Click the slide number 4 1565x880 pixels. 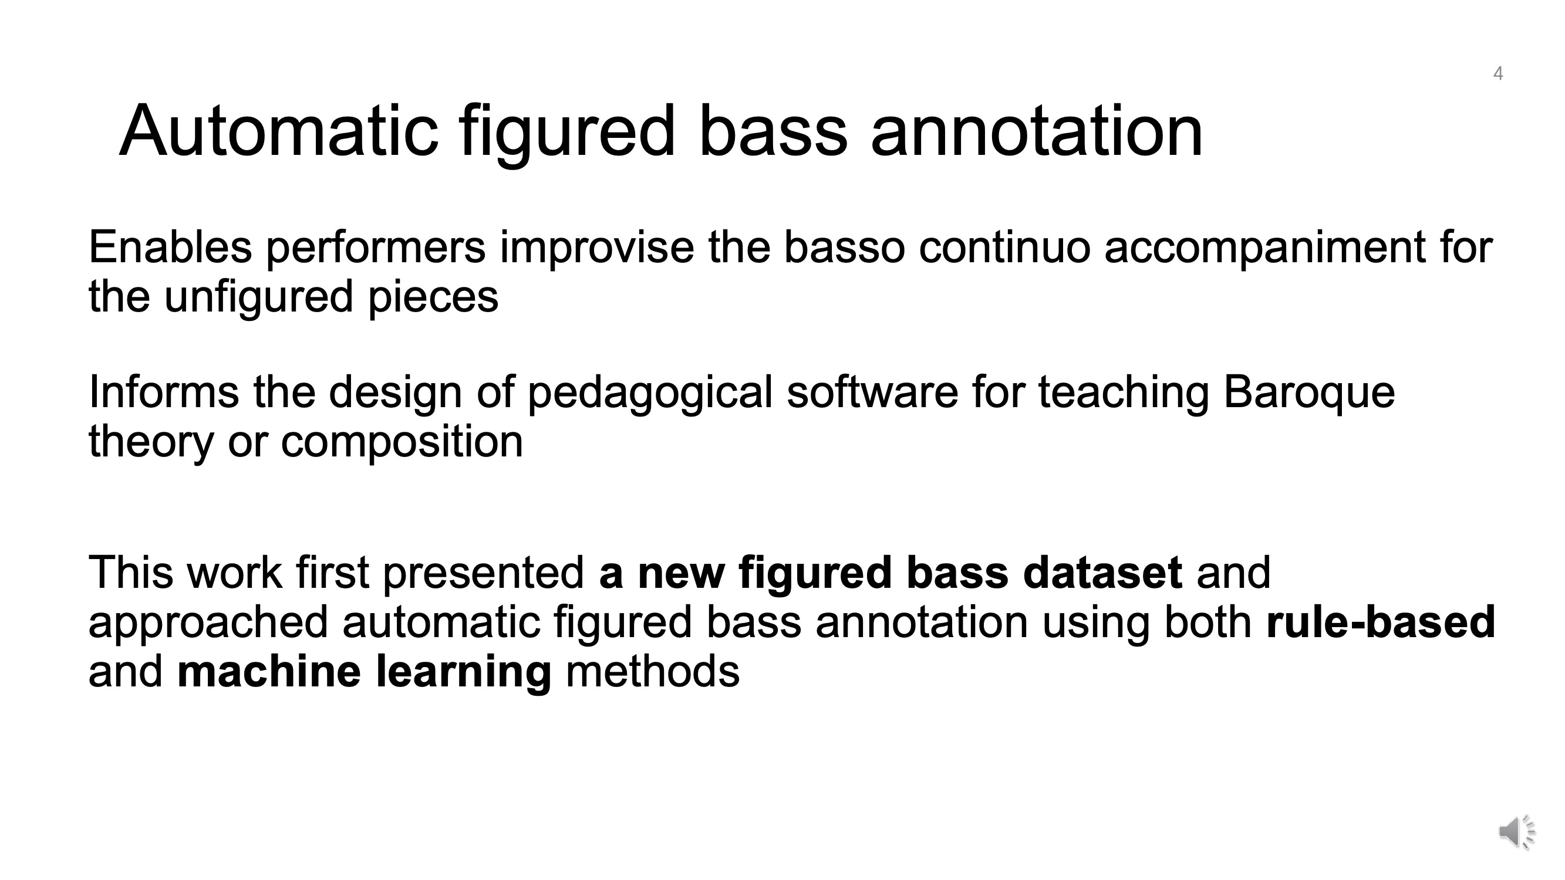click(x=1498, y=73)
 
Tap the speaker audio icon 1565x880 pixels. click(x=1517, y=831)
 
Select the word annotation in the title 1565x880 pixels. click(x=1037, y=131)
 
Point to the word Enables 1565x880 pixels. click(x=170, y=247)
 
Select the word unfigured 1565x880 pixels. click(x=259, y=298)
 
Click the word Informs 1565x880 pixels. click(x=164, y=392)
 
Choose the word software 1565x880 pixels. click(x=872, y=392)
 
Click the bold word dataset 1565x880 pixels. click(x=1102, y=572)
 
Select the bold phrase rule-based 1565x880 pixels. click(x=1380, y=621)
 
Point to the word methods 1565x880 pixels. click(x=653, y=671)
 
